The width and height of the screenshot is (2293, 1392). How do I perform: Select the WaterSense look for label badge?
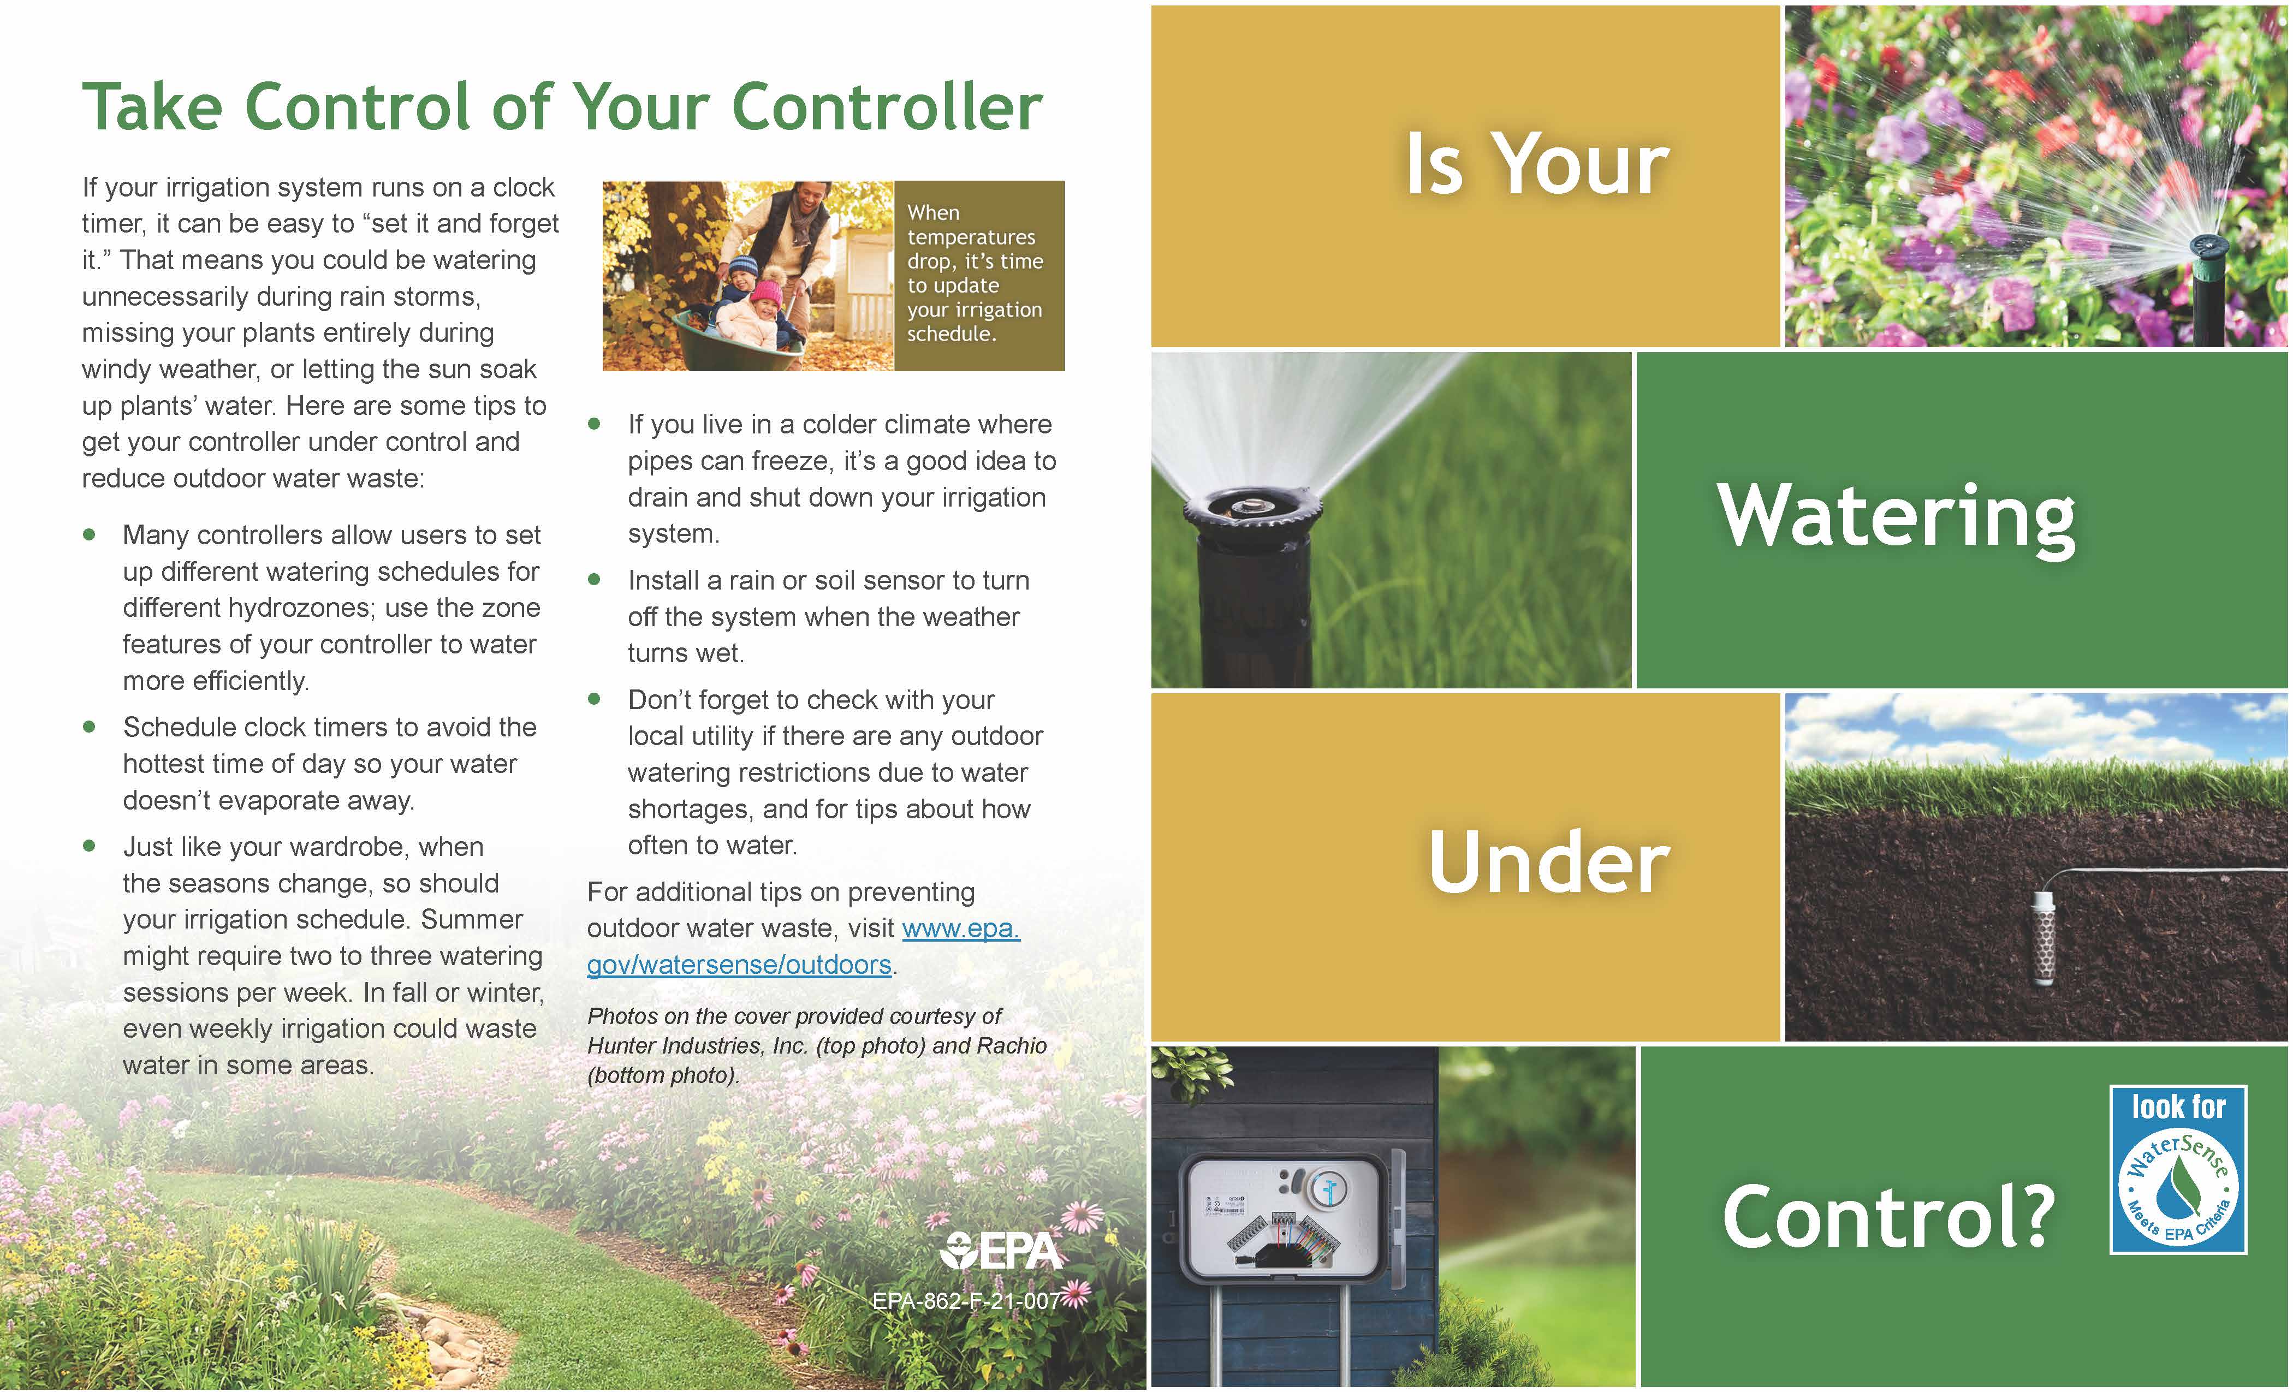coord(2178,1170)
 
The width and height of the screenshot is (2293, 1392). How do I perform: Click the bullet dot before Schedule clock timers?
coord(90,727)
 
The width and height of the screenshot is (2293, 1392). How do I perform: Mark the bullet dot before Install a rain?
coord(595,580)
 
